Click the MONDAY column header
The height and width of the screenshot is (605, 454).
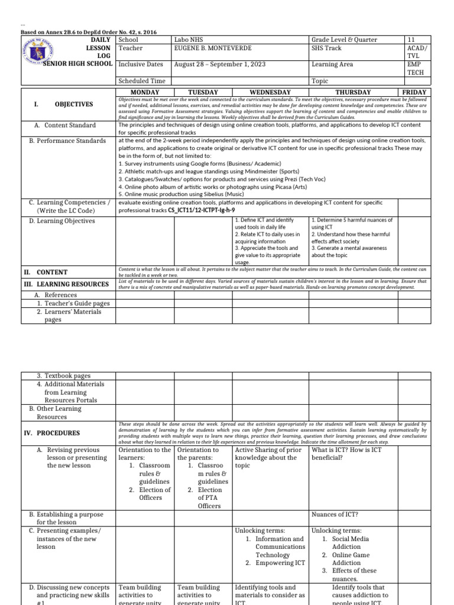pos(145,92)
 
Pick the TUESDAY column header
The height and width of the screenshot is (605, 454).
pos(203,92)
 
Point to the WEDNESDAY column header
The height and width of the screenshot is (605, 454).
pos(270,92)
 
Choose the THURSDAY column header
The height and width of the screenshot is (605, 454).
pos(353,92)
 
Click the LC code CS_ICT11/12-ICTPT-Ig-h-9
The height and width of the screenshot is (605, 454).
pos(202,210)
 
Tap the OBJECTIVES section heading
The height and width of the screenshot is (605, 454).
pos(74,105)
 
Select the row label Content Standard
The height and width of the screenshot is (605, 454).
pos(70,125)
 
